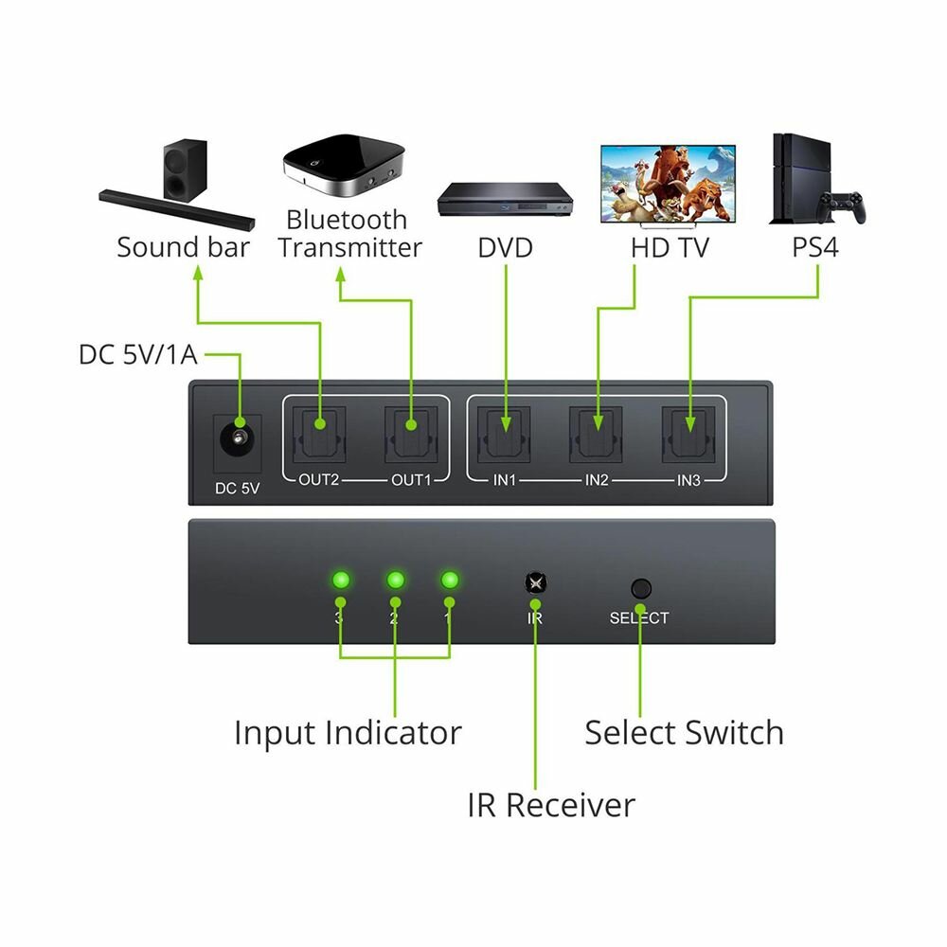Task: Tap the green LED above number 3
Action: click(340, 580)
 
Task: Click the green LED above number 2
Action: click(395, 580)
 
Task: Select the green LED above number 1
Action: click(450, 580)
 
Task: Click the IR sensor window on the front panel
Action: click(535, 583)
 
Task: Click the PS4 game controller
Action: click(842, 206)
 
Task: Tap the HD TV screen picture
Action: click(668, 183)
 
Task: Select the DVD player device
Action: click(507, 199)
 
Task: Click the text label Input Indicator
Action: click(348, 733)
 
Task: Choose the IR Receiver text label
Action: click(551, 805)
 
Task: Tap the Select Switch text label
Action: click(684, 733)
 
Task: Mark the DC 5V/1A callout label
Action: click(140, 355)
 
